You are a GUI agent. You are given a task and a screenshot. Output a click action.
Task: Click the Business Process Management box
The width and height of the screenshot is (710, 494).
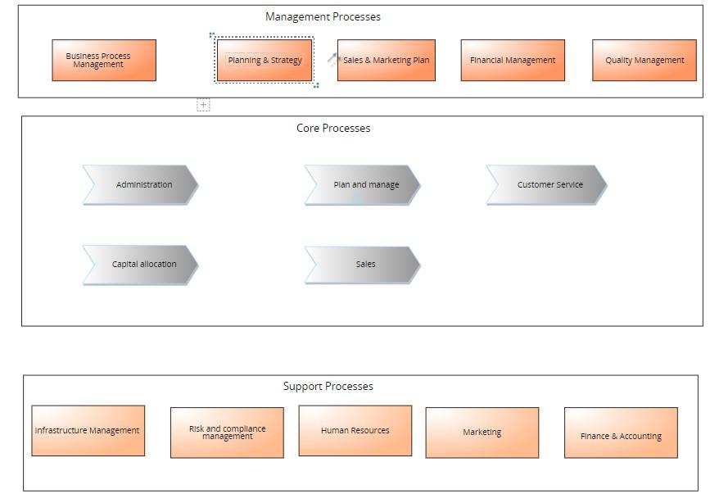click(x=103, y=61)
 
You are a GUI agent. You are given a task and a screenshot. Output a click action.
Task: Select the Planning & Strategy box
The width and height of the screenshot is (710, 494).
click(x=264, y=61)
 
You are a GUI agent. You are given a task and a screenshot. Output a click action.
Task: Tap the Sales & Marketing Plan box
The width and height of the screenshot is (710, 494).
click(x=387, y=61)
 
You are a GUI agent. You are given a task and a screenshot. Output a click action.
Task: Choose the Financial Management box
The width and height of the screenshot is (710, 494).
click(x=513, y=61)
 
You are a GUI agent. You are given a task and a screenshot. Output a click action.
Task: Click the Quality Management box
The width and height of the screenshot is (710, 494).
click(x=644, y=61)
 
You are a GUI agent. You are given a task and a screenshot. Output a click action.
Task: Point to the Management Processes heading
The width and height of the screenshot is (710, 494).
click(x=323, y=16)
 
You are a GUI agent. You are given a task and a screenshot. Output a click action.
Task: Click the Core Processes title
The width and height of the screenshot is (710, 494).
click(x=333, y=128)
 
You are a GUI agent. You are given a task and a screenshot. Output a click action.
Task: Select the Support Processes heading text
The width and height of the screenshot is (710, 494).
click(x=328, y=386)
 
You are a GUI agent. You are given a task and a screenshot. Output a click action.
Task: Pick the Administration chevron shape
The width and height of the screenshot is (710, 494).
click(x=141, y=185)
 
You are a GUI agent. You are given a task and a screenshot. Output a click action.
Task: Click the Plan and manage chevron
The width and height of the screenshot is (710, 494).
click(x=363, y=185)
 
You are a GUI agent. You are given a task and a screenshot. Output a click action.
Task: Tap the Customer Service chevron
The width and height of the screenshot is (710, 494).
click(x=547, y=185)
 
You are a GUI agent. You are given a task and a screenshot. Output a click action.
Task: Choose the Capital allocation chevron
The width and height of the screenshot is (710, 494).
click(x=141, y=265)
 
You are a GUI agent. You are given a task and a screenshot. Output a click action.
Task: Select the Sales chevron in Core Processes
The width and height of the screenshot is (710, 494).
click(x=363, y=265)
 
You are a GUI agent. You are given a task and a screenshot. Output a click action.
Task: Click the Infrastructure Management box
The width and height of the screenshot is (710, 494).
click(x=88, y=431)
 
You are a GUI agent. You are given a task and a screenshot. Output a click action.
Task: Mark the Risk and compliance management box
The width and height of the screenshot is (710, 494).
click(x=227, y=433)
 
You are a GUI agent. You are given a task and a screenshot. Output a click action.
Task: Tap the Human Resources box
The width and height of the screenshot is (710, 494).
click(x=355, y=431)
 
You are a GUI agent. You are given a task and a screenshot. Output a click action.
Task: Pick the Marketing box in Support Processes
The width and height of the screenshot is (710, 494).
click(x=482, y=433)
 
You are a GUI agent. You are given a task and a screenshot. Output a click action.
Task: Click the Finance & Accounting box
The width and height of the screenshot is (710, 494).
click(x=621, y=436)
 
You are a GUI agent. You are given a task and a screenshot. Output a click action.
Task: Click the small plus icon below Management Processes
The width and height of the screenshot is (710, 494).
click(x=203, y=105)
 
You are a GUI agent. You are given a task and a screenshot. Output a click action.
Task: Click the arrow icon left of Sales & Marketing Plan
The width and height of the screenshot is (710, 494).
click(x=332, y=59)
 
